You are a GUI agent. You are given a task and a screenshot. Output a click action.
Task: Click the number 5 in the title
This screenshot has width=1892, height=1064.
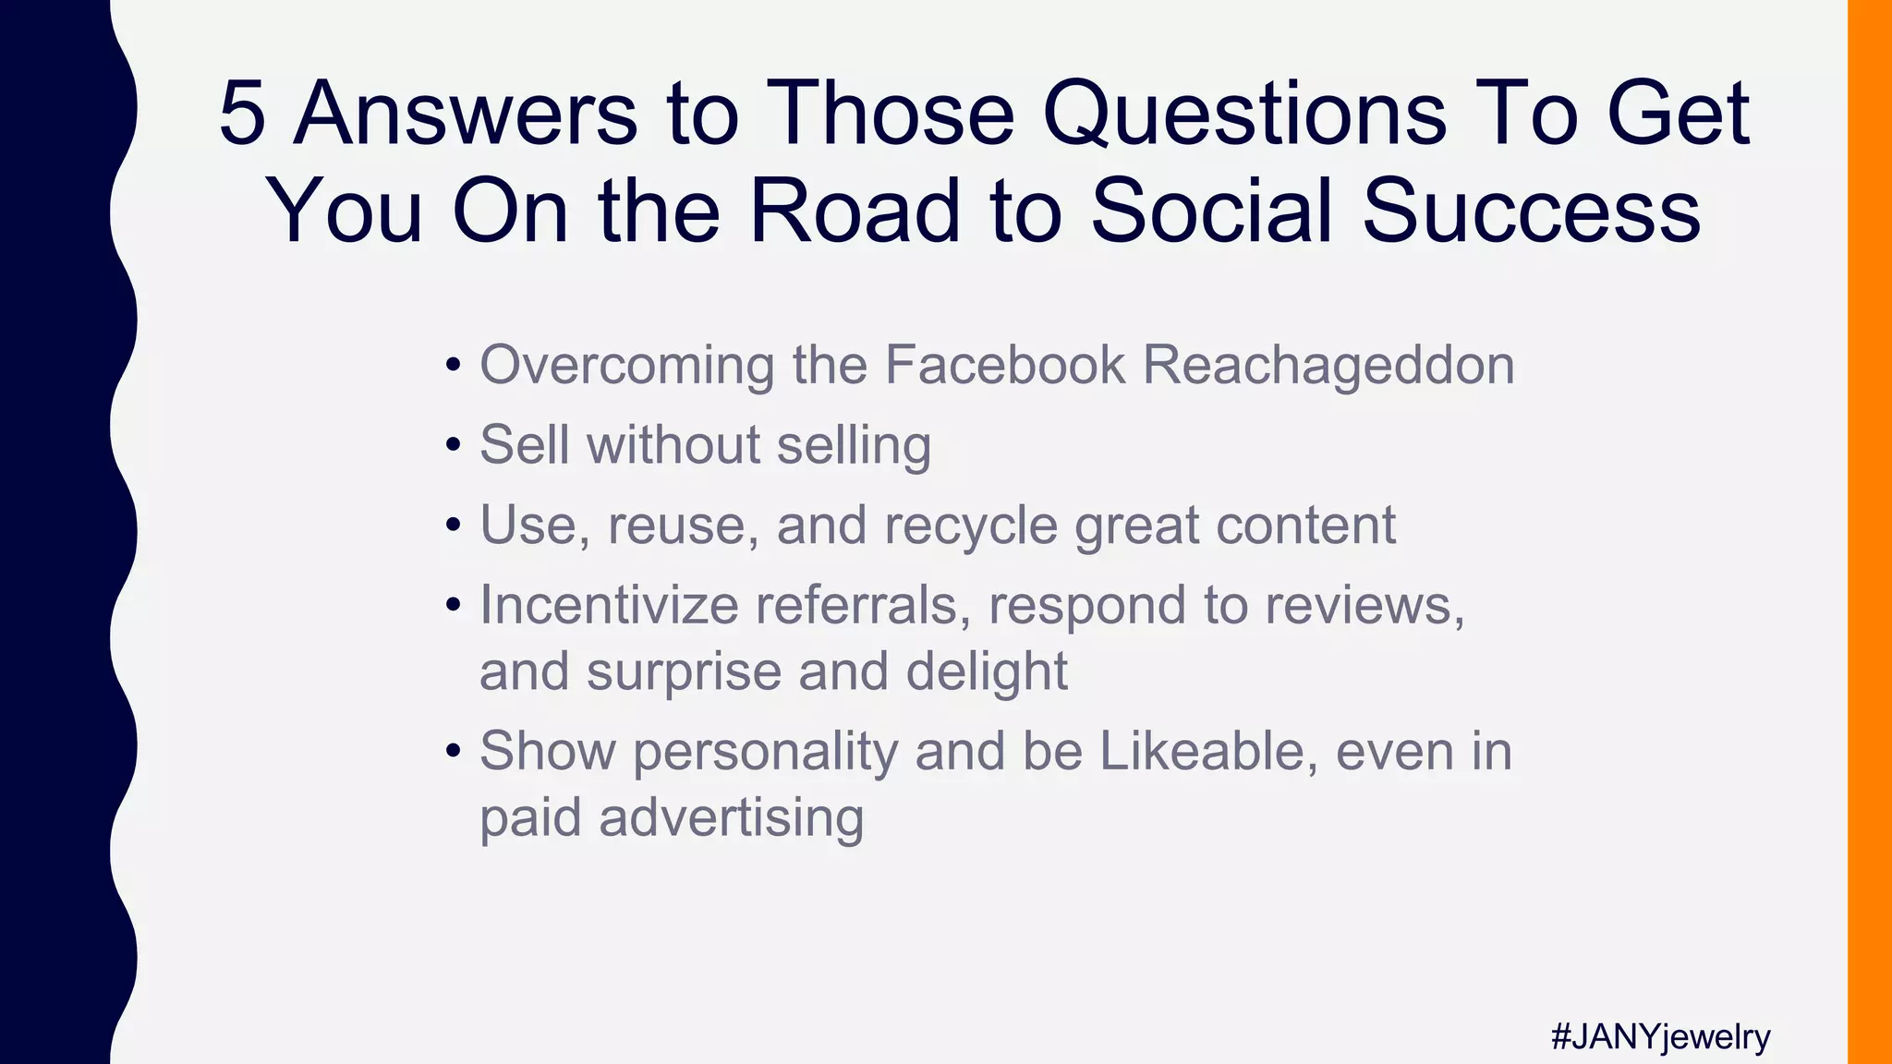242,114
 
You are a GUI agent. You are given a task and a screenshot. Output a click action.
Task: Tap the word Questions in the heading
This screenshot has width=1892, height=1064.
1244,114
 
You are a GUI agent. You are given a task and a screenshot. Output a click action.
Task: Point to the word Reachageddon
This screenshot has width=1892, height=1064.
1328,366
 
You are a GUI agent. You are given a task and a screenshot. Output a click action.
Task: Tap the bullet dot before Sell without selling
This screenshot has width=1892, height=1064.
453,446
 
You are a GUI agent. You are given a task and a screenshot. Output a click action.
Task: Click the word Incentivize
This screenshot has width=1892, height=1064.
609,606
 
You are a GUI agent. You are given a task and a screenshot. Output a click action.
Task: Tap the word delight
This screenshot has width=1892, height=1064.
987,671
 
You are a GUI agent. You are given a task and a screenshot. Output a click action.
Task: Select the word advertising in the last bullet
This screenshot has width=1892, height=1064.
731,818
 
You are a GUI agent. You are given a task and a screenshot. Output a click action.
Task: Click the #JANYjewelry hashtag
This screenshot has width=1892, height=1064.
1660,1036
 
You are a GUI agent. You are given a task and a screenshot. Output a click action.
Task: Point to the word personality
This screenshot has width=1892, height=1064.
765,753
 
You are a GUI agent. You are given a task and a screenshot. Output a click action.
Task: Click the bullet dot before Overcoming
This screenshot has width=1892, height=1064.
453,366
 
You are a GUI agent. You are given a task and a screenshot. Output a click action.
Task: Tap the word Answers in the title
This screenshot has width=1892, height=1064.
465,114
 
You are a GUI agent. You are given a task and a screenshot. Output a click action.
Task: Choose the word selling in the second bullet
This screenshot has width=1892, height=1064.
854,446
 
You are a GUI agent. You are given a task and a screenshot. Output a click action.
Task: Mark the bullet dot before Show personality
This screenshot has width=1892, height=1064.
453,751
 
